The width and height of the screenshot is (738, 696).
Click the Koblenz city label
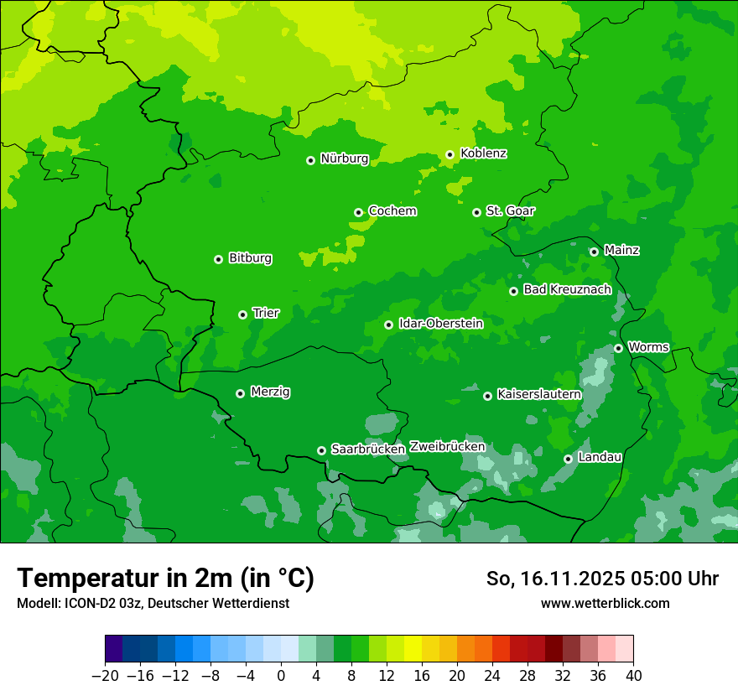coord(483,153)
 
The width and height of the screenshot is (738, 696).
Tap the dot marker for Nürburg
coord(310,159)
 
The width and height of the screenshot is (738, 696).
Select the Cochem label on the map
coord(392,211)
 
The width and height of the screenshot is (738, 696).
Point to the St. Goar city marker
coord(476,212)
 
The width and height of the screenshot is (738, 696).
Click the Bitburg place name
coord(250,258)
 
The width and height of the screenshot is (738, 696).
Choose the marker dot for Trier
coord(242,314)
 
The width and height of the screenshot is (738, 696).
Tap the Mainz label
coord(621,250)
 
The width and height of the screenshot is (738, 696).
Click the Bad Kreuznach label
coord(567,289)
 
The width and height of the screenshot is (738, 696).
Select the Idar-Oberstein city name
coord(440,324)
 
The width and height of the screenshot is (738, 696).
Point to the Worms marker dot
coord(618,348)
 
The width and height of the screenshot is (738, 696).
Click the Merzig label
coord(270,392)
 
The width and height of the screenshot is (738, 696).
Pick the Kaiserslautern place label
coord(538,394)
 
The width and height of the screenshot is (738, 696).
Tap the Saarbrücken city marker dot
coord(321,450)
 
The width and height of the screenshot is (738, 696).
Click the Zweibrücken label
coord(447,447)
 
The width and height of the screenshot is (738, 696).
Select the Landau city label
coord(600,457)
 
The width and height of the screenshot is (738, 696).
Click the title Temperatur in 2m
coord(165,579)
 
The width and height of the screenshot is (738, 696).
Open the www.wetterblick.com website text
coord(605,603)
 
